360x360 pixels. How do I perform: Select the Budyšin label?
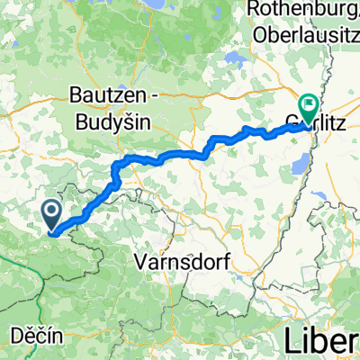110,120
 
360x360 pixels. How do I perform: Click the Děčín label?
37,335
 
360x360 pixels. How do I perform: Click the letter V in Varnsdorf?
139,262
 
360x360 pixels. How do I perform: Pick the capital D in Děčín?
17,335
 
